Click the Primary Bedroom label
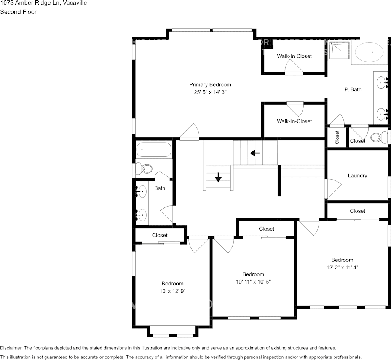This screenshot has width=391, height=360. pos(210,84)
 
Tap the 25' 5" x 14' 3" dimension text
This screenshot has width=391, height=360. pos(210,92)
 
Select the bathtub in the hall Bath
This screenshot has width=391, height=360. pos(154,150)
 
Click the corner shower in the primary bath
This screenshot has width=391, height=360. pos(339,51)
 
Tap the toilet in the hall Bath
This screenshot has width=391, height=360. pos(144,168)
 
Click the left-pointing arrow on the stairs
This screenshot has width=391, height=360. pos(255,153)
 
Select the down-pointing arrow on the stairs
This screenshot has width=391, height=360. pos(218,177)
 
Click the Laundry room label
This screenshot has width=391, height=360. pos(357,175)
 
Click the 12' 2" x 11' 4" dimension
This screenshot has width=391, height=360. pos(342,267)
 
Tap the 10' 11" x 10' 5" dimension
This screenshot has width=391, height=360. pos(253,282)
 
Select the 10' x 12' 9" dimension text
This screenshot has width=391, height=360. pos(172,291)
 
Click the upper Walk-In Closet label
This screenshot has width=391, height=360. pos(294,56)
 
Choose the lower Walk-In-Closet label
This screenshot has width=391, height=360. pos(294,121)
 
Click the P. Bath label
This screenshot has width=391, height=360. pos(353,89)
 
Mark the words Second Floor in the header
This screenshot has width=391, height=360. pos(18,12)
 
